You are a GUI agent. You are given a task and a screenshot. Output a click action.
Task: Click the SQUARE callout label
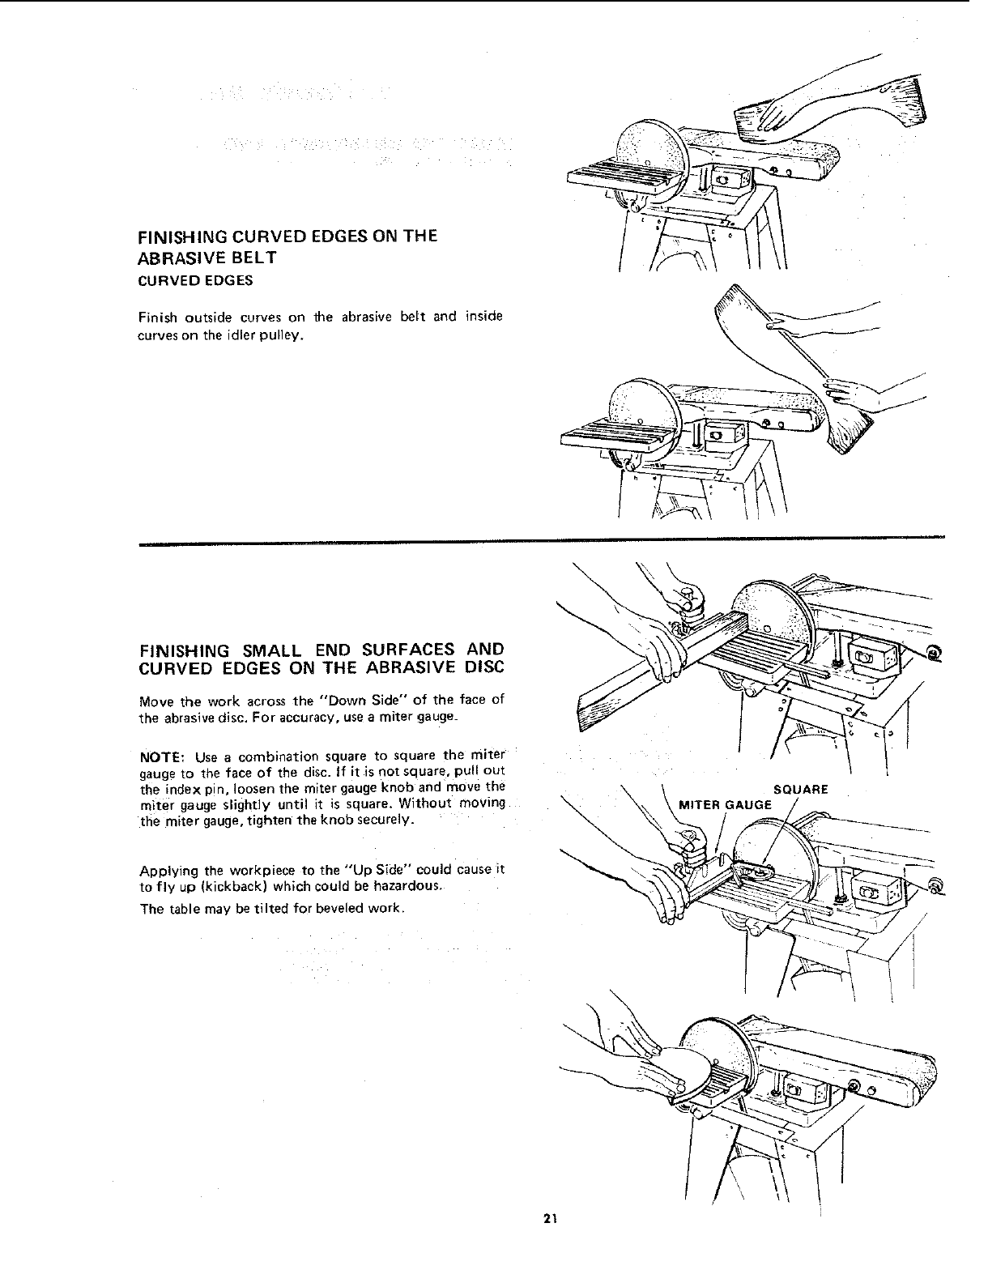click(801, 790)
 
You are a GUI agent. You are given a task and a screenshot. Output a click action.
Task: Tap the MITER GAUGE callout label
click(725, 804)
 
